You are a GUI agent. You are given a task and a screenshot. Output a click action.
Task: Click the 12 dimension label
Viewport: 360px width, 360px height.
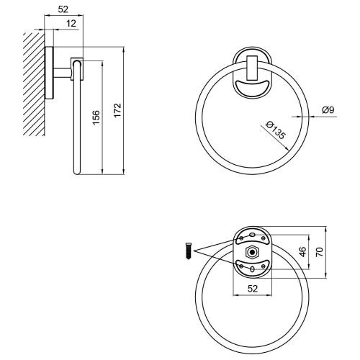pos(71,24)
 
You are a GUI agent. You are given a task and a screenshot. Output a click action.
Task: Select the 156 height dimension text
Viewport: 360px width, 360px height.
pos(96,117)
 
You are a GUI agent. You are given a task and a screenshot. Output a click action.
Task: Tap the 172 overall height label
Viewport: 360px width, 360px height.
pos(117,110)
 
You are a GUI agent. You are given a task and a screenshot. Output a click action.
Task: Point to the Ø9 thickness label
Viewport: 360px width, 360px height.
pos(328,110)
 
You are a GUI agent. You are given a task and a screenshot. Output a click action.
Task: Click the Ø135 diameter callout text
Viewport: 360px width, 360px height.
pos(276,130)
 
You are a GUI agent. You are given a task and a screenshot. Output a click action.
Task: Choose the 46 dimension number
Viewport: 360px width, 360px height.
pos(303,252)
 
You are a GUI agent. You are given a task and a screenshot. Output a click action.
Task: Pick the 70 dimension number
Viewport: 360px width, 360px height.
pos(320,252)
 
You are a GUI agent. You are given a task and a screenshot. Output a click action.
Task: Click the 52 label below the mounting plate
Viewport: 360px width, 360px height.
pos(253,289)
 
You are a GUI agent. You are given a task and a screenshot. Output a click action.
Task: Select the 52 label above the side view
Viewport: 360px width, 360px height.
pos(63,9)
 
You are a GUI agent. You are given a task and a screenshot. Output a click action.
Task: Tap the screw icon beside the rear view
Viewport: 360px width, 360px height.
pos(189,251)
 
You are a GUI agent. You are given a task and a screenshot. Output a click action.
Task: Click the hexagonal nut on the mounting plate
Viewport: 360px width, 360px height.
pos(252,252)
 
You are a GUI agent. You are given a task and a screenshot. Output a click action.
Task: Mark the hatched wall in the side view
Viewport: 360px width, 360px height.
pos(34,84)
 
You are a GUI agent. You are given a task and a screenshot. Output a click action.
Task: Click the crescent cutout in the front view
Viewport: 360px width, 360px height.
pos(252,86)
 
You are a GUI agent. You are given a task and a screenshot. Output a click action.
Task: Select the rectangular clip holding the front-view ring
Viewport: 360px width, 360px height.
pos(252,68)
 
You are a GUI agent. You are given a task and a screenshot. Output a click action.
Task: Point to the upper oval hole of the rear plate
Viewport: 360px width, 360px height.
pos(252,235)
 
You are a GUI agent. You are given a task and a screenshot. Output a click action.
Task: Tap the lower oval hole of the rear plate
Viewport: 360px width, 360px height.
pos(252,269)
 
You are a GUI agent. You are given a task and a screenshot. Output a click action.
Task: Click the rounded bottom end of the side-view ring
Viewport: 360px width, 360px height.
pos(77,172)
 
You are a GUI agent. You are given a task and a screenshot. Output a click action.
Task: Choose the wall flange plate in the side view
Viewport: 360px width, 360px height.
pos(49,73)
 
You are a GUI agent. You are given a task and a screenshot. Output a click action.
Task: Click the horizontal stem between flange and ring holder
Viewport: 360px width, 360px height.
pos(62,73)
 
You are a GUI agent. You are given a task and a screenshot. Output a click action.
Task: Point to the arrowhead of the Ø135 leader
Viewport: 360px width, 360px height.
pos(286,149)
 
